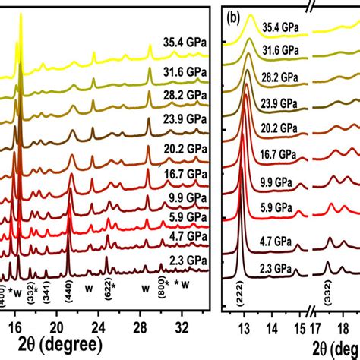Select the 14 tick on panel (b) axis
[272, 328]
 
